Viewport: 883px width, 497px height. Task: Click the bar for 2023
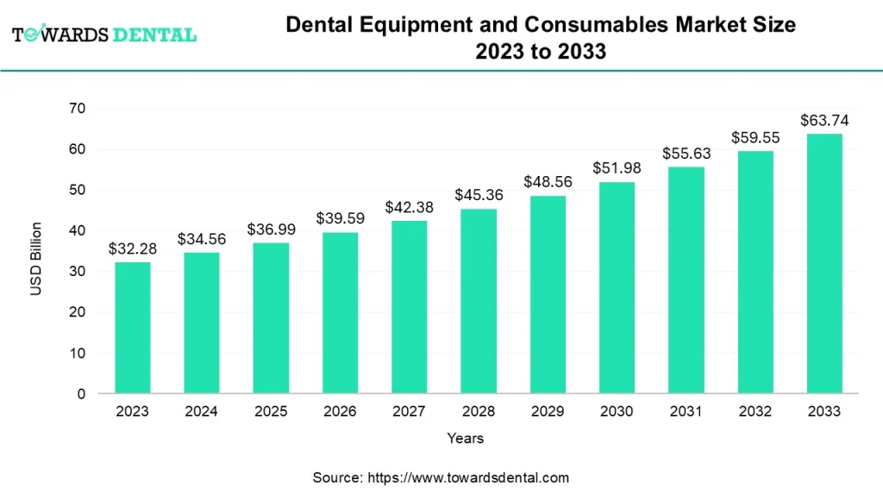(132, 328)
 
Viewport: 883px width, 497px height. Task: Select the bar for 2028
(479, 301)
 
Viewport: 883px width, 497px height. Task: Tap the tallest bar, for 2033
(824, 264)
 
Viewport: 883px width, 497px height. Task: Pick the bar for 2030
(617, 288)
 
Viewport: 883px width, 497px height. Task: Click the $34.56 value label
(202, 239)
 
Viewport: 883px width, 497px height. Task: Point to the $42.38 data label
(409, 207)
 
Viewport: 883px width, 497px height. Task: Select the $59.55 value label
(755, 137)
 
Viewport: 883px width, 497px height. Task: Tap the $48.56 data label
(548, 182)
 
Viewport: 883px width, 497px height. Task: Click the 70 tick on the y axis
(78, 108)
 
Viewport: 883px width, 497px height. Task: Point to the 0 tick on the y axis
(81, 394)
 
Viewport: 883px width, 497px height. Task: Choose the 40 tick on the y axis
(78, 230)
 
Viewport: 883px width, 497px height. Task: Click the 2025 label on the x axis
(271, 412)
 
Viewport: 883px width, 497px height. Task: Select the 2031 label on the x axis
(686, 412)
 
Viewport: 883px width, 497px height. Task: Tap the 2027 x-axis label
(409, 412)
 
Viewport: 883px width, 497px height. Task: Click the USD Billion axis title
(36, 259)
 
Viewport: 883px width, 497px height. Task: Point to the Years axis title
(465, 438)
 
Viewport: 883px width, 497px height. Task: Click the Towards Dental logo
(104, 35)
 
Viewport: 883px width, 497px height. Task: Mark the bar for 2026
(340, 313)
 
